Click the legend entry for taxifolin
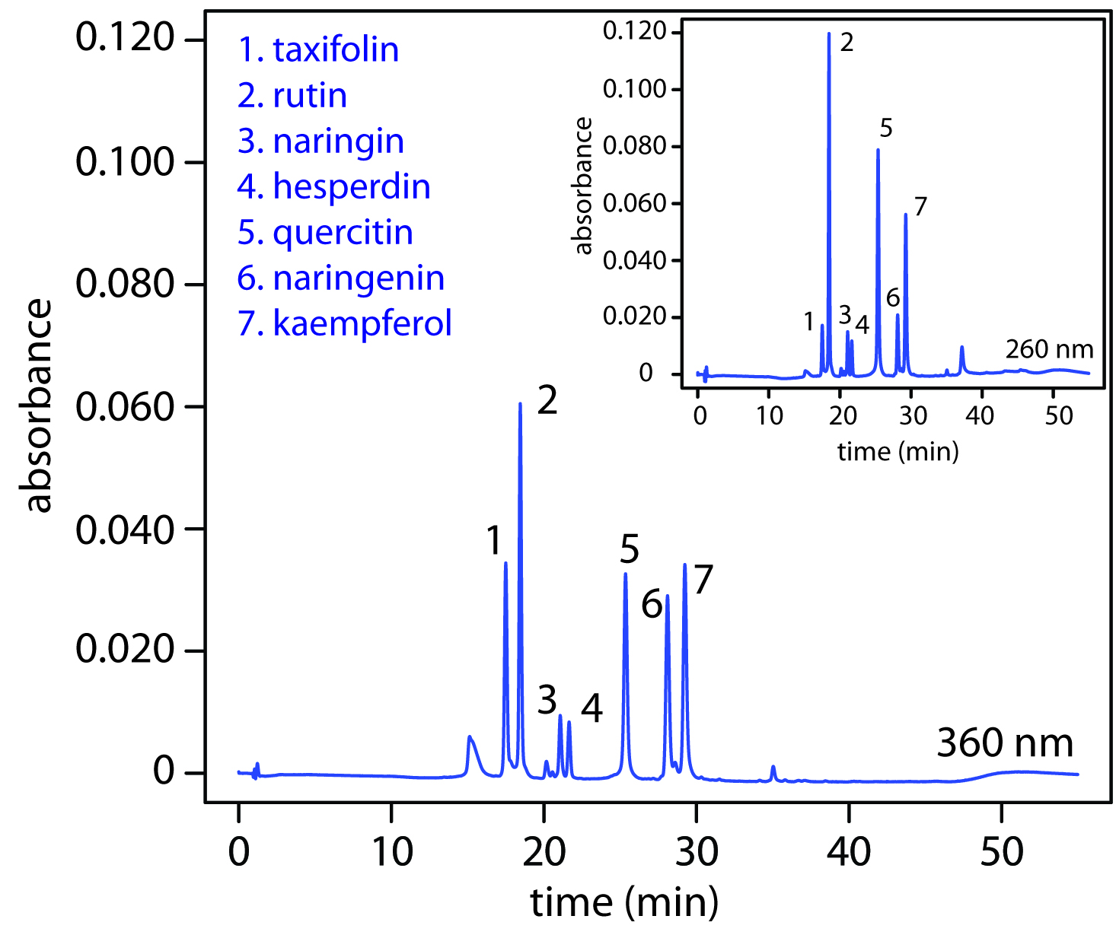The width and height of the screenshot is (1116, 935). click(318, 50)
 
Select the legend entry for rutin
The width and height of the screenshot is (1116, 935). click(292, 96)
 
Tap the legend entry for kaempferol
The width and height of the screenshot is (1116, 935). click(344, 323)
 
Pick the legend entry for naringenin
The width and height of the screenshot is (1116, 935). click(340, 278)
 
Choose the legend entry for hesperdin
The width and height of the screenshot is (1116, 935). click(333, 187)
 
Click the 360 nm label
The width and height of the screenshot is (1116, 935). click(1004, 743)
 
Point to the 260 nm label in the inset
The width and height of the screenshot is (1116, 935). click(1049, 349)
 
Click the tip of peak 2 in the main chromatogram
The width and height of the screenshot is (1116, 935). click(520, 403)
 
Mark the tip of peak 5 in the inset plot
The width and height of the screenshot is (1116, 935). click(878, 149)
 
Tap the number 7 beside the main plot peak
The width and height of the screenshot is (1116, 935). click(703, 580)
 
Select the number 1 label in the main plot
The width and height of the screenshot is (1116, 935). click(494, 541)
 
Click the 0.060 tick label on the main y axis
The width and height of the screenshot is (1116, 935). click(126, 407)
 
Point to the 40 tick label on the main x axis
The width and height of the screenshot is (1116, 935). click(848, 852)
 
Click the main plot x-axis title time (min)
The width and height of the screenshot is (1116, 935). click(624, 903)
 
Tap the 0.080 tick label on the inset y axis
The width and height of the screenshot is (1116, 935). click(634, 145)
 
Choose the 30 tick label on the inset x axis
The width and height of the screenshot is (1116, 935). click(913, 416)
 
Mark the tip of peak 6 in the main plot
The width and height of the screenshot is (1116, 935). click(668, 596)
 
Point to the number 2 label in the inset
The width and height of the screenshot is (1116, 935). click(847, 43)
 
